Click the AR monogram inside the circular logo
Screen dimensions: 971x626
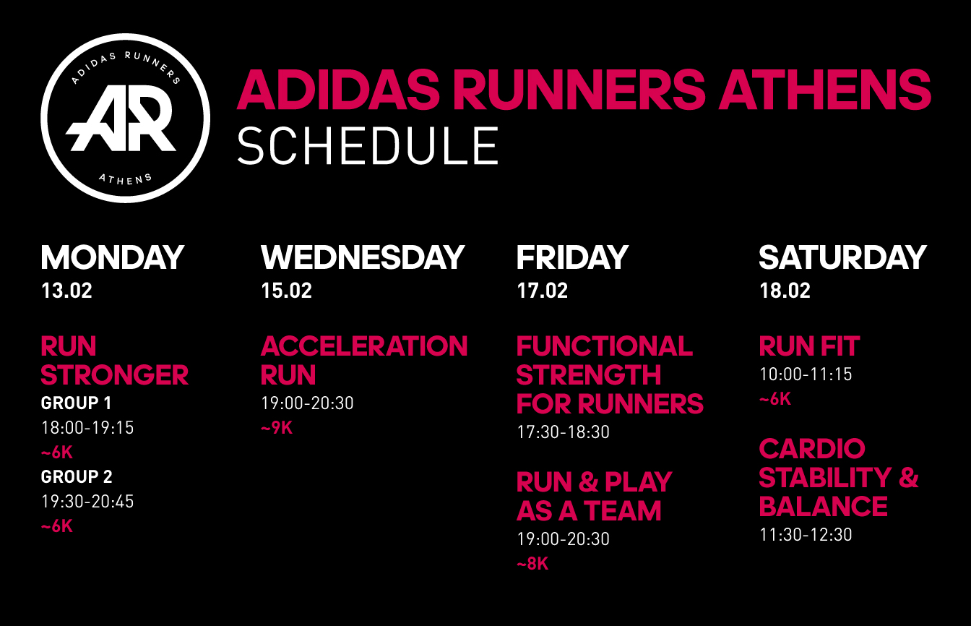121,118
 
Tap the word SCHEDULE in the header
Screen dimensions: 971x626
368,146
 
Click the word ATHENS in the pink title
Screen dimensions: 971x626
825,90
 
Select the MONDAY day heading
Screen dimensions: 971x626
113,257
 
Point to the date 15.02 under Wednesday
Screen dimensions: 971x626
287,291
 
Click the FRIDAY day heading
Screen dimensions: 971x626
573,257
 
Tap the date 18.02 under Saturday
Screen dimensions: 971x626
785,291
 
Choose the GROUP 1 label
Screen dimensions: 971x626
77,403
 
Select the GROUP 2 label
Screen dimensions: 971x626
77,477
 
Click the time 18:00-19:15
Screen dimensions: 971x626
87,428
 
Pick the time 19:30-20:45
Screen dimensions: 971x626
87,502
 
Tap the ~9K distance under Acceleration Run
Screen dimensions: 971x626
277,428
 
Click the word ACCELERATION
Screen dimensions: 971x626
364,346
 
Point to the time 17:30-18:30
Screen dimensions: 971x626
563,432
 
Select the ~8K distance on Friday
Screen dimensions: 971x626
532,564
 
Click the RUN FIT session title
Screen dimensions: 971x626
809,346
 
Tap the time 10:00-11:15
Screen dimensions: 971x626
806,374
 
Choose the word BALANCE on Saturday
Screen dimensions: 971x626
823,506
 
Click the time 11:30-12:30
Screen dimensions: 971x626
806,535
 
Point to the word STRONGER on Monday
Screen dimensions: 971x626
114,375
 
